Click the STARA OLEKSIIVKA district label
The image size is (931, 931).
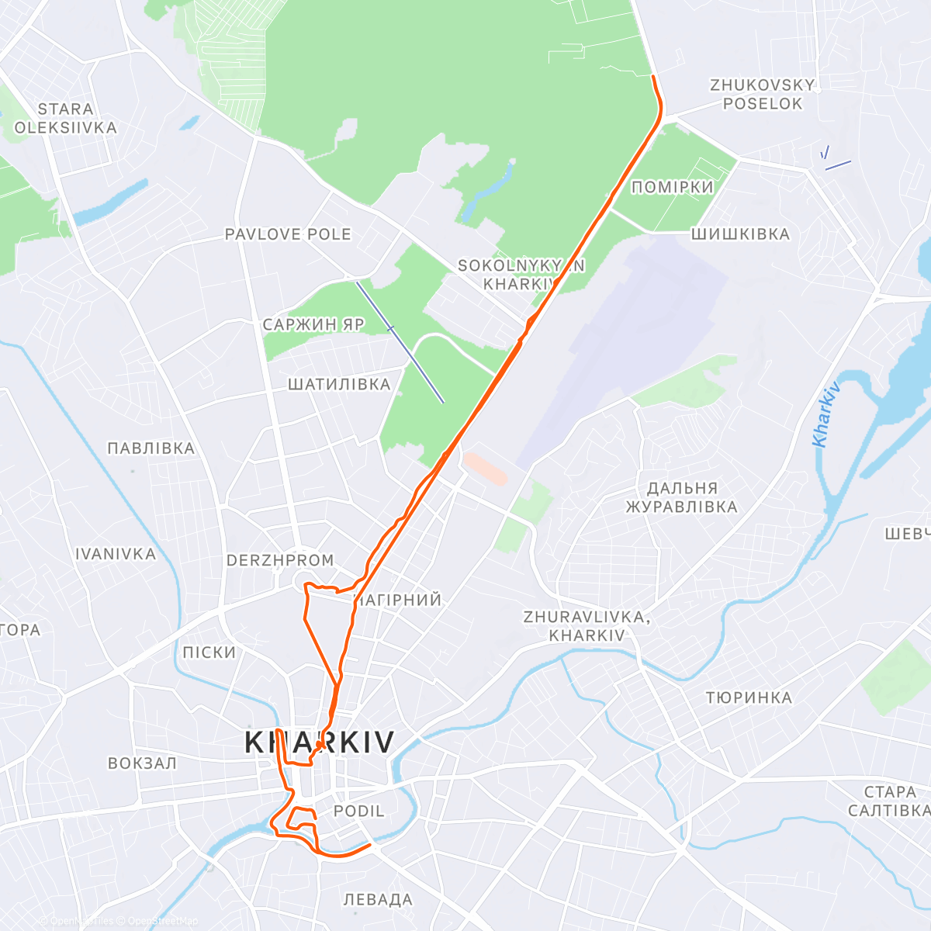click(65, 119)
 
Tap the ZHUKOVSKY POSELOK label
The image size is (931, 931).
click(763, 95)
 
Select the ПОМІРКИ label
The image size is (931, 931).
click(672, 187)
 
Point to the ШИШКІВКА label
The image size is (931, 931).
click(740, 234)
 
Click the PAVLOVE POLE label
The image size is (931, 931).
click(288, 234)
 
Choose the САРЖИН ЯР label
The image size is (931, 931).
click(313, 325)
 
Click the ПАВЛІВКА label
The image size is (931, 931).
click(151, 448)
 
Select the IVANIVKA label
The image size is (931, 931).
click(116, 555)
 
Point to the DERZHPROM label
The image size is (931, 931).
click(280, 560)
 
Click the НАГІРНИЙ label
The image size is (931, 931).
click(398, 600)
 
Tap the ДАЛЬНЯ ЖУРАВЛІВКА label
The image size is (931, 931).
click(681, 498)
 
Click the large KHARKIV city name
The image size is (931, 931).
click(320, 742)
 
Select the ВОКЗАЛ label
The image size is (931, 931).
click(142, 763)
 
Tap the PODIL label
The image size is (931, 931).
click(358, 812)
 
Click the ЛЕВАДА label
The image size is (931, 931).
click(378, 900)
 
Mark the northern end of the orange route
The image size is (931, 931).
click(653, 77)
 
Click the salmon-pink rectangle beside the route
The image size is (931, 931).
click(485, 469)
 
